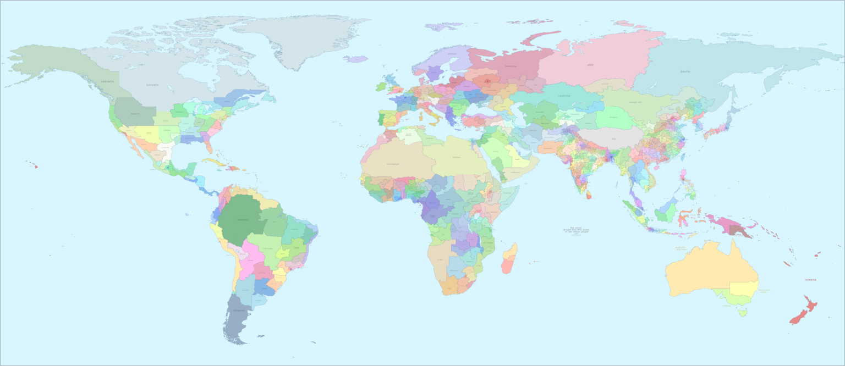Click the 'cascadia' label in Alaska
click(108, 81)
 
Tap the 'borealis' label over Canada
click(152, 85)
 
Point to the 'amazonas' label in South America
click(242, 219)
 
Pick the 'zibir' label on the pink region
click(590, 65)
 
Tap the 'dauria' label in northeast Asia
click(685, 71)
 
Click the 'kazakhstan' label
click(564, 95)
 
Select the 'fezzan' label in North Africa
click(457, 157)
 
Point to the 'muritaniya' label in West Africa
click(392, 164)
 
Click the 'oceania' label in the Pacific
click(810, 280)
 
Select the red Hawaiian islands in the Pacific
click(35, 165)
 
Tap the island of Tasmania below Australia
click(743, 313)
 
